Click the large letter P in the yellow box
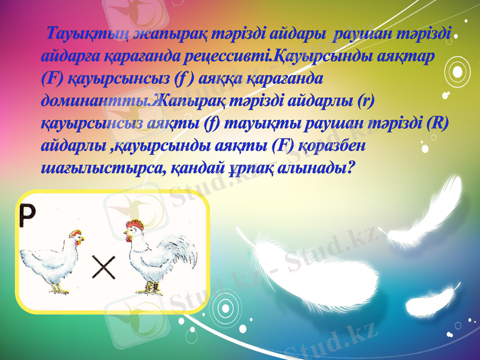pos(34,214)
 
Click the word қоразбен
pos(329,146)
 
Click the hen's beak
pos(83,239)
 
